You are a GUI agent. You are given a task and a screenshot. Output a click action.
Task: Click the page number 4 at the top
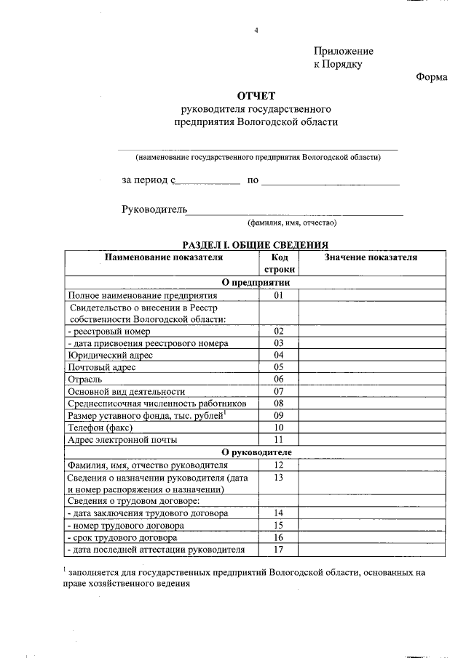[256, 29]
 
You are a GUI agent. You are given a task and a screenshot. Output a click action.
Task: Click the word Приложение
[343, 51]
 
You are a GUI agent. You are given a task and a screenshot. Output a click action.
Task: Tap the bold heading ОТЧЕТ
[256, 96]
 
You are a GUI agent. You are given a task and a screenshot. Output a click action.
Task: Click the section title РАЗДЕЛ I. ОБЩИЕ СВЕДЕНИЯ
[256, 246]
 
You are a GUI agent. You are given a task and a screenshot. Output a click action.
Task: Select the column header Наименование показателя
[162, 257]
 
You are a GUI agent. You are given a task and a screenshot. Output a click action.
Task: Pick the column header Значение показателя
[371, 257]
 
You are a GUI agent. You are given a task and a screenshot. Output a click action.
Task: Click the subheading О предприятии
[256, 283]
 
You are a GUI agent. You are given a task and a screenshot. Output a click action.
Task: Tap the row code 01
[278, 296]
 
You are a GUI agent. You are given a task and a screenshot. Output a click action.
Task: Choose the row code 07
[278, 391]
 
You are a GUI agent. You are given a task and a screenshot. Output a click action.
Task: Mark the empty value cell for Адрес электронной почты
[371, 440]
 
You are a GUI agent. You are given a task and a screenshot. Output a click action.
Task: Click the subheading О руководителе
[256, 452]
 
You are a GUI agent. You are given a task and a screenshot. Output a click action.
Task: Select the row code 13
[278, 478]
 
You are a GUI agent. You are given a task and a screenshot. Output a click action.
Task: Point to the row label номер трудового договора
[125, 525]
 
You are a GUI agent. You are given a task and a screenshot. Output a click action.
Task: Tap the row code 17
[278, 550]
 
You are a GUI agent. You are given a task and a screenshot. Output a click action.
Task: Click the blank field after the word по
[330, 180]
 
